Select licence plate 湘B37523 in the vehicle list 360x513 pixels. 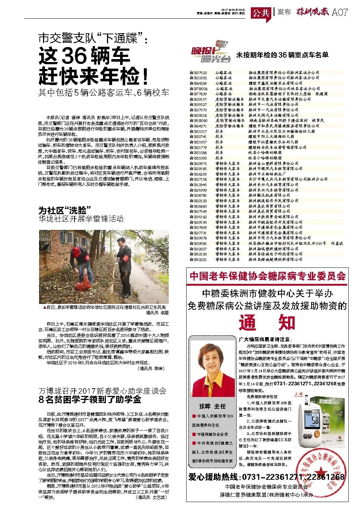point(198,73)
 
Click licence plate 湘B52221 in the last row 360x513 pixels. point(198,259)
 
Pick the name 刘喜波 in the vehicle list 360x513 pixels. point(337,243)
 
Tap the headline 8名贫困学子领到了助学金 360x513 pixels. point(90,399)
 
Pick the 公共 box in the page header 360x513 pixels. point(261,12)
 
